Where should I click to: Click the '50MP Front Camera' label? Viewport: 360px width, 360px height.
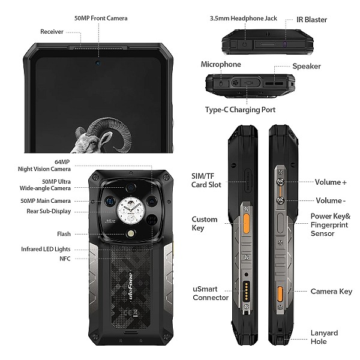pos(101,19)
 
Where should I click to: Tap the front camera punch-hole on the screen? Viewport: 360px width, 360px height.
pos(98,62)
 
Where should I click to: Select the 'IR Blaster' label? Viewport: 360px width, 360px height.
pos(311,20)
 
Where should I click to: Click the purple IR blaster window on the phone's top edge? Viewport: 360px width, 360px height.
pos(285,44)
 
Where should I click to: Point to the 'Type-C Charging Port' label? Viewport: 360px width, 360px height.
pos(240,110)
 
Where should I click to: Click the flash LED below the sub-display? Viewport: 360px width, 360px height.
pos(131,234)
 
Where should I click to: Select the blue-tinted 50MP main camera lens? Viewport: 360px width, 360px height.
pos(110,202)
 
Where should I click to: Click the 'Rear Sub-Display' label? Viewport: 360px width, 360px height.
pos(49,211)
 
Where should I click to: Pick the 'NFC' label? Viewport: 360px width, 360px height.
pos(65,259)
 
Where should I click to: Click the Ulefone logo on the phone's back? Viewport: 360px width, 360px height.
pos(130,286)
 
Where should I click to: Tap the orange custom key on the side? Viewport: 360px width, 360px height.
pos(246,223)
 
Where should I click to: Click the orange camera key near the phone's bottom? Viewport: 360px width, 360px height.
pos(280,294)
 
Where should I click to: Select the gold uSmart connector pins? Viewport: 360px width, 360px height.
pos(247,292)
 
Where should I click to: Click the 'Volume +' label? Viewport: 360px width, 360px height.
pos(331,182)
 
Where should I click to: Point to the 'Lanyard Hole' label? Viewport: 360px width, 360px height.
pos(324,337)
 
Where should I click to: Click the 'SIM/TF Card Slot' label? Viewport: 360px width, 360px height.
pos(206,181)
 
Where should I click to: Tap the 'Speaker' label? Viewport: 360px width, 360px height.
pos(307,67)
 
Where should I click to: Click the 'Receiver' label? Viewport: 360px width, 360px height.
pos(52,32)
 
